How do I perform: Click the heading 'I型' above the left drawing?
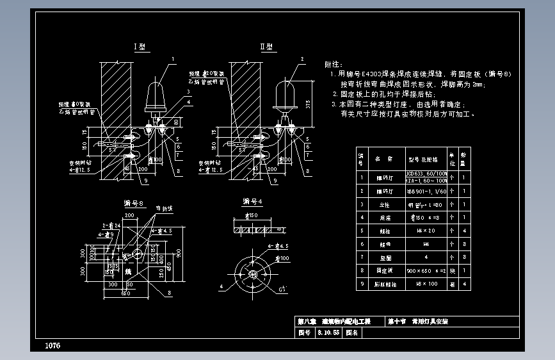(140, 47)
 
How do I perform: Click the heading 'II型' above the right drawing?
(266, 47)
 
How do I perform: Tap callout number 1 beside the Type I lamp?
(172, 59)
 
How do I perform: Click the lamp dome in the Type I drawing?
(156, 95)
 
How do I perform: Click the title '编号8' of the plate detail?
(134, 203)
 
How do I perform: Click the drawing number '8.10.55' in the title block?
(328, 333)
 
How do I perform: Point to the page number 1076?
(52, 346)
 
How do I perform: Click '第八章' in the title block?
(308, 322)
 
